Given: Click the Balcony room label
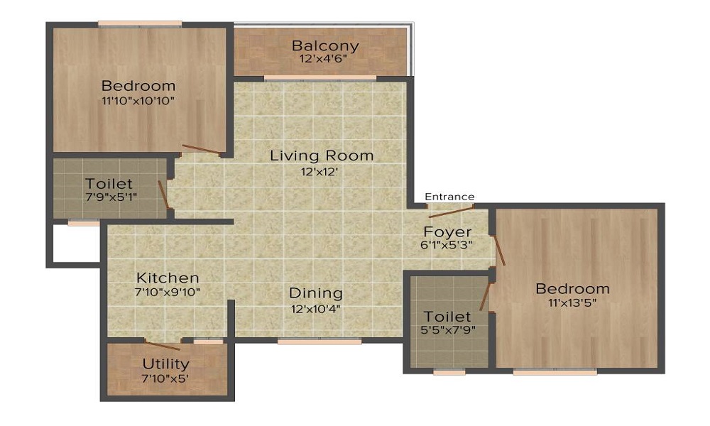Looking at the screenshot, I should (325, 46).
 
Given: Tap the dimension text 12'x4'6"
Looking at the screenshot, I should (325, 60).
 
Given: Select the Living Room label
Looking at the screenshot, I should (321, 155).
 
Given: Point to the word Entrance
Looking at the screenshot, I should (449, 197).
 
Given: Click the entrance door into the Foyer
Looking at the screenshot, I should (452, 211).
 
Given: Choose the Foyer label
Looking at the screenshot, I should (447, 231).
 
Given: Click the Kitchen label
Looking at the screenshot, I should (168, 278).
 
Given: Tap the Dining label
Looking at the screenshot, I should (315, 293).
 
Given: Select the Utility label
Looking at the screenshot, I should (165, 364).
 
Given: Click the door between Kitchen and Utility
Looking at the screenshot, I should (162, 346).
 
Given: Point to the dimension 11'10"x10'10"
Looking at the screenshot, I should (138, 101).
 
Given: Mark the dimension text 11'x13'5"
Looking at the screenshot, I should (572, 303).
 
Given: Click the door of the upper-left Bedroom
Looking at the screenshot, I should (201, 149).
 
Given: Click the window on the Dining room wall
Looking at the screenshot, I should (319, 342).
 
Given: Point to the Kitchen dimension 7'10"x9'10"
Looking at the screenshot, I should (168, 292).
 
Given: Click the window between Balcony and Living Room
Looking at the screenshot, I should (319, 77).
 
